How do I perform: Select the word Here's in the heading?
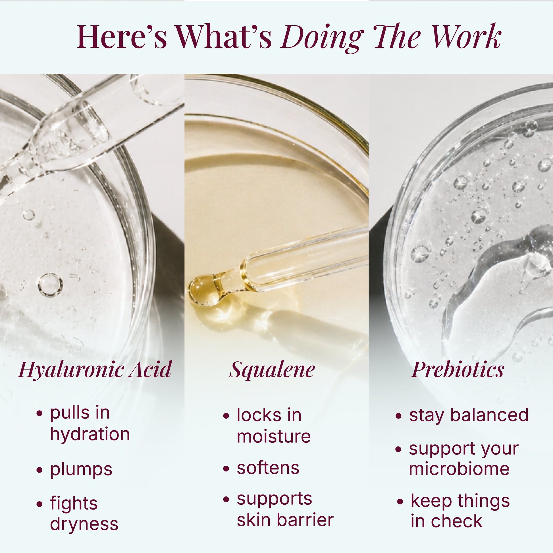point(122,36)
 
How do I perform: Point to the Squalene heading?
point(272,370)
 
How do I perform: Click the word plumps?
point(81,470)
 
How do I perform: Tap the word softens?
point(268,468)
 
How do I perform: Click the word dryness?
point(84,524)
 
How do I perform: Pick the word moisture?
point(274,436)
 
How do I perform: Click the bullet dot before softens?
point(226,469)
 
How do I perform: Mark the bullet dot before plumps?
point(39,470)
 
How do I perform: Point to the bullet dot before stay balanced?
point(398,416)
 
